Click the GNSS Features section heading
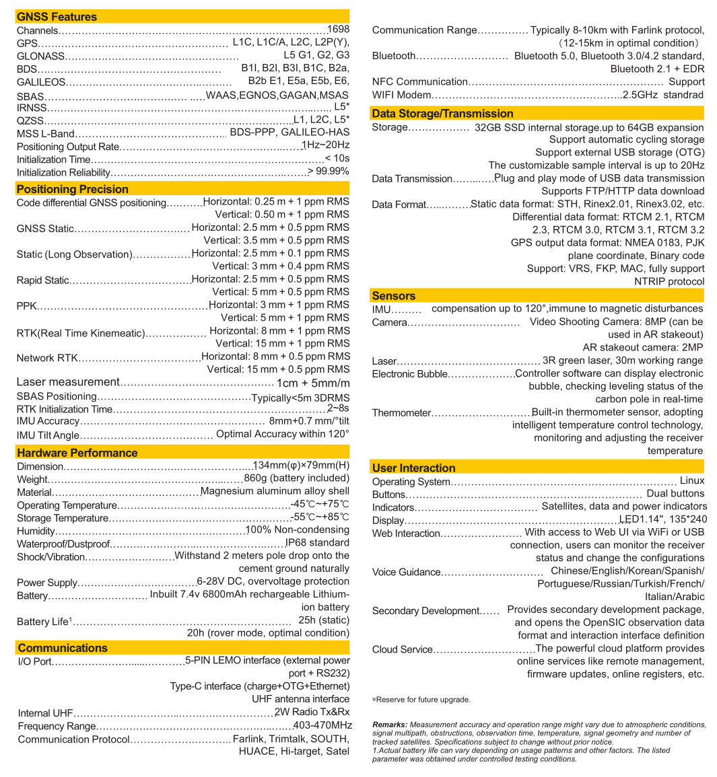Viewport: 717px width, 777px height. click(57, 17)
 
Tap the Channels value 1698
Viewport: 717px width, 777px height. click(338, 30)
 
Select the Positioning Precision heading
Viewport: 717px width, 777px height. click(72, 189)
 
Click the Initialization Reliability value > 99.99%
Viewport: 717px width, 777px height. click(329, 172)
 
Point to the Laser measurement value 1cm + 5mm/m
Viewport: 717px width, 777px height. click(313, 382)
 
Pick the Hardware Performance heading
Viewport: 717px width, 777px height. click(77, 453)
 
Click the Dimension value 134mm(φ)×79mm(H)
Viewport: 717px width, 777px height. click(301, 466)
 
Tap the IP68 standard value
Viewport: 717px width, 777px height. click(317, 543)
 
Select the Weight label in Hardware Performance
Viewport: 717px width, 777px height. click(32, 480)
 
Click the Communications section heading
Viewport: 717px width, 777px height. click(63, 648)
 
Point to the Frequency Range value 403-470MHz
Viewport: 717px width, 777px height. click(322, 726)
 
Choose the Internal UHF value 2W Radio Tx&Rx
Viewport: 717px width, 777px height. click(312, 712)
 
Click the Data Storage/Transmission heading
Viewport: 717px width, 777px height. click(442, 114)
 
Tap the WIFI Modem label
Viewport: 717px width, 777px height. click(401, 95)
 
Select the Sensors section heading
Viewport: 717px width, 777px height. click(393, 296)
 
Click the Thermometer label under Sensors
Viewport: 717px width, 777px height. click(401, 413)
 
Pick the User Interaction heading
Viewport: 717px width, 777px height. click(413, 468)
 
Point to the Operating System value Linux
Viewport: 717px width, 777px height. click(691, 481)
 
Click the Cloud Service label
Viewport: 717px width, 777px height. click(402, 650)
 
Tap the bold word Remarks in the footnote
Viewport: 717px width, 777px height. click(389, 725)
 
